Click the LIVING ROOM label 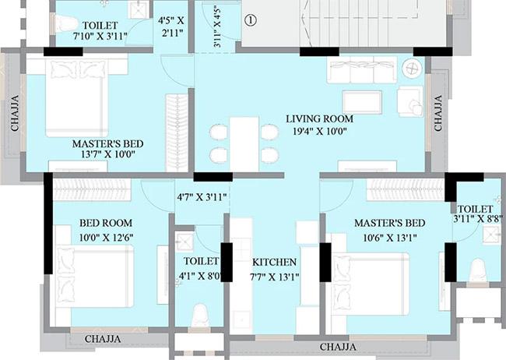pos(319,118)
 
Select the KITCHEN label pos(274,262)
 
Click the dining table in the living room pos(244,143)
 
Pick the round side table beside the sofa pos(411,69)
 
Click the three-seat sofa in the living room pos(363,71)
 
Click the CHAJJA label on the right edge pos(438,113)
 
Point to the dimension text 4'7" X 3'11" pos(201,198)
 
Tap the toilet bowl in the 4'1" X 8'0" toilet pos(200,316)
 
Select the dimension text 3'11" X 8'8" pos(475,221)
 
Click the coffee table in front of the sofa pos(362,101)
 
